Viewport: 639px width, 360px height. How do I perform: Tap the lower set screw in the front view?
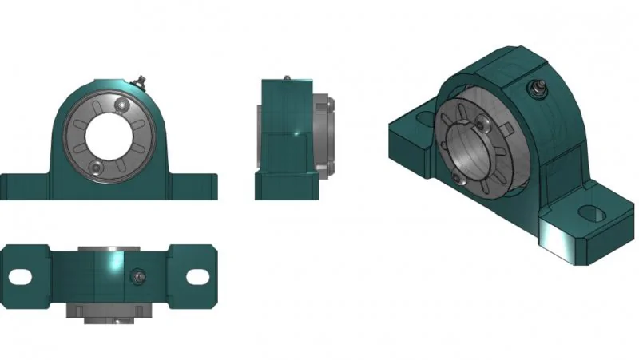pyautogui.click(x=96, y=166)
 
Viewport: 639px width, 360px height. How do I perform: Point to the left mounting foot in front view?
pyautogui.click(x=24, y=187)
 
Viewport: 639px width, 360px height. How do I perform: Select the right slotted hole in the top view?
pyautogui.click(x=198, y=277)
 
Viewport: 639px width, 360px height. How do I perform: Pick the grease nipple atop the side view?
pyautogui.click(x=285, y=77)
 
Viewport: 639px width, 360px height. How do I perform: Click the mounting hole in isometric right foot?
pyautogui.click(x=592, y=213)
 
